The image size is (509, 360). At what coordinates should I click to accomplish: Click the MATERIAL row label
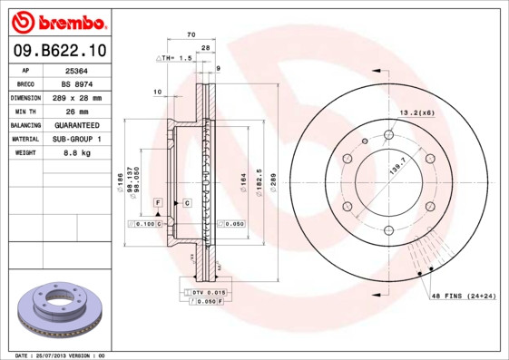pos(25,139)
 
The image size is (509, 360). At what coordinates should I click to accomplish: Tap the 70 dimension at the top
pos(191,34)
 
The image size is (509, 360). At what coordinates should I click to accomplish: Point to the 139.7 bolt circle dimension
pos(395,168)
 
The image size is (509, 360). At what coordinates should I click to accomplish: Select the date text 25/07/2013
pos(58,355)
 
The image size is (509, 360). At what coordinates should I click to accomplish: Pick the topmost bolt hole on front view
pos(388,135)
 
